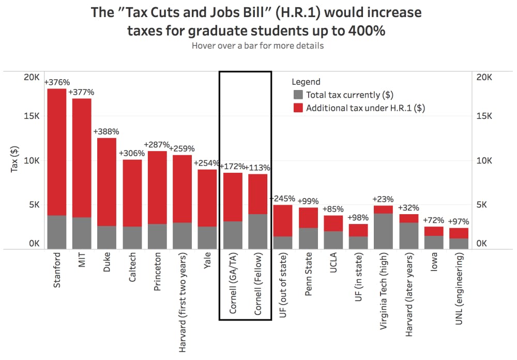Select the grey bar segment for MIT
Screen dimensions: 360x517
[82, 233]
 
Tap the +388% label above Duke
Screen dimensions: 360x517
[106, 132]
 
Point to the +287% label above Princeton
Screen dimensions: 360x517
[157, 144]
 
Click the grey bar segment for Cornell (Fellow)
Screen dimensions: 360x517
[257, 232]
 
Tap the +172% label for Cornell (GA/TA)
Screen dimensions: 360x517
[233, 167]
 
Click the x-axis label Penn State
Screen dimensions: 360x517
[308, 274]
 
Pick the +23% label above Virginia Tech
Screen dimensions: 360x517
[383, 199]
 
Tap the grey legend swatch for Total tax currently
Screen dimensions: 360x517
[298, 95]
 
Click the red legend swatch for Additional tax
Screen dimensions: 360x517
[298, 108]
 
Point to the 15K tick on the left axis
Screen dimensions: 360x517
[32, 116]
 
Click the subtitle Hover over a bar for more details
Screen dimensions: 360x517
[257, 46]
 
